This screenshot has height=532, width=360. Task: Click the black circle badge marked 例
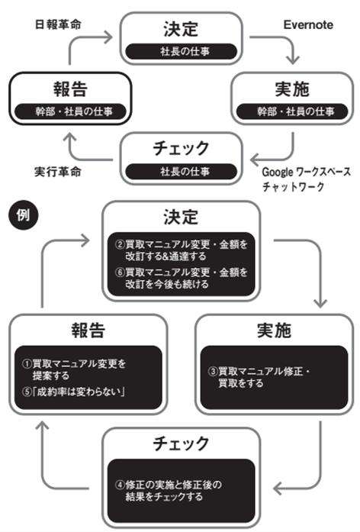coord(21,215)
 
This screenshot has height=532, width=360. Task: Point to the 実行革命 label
coord(58,169)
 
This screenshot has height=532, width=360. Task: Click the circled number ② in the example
coord(119,244)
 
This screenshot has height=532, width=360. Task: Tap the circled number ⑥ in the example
coord(119,272)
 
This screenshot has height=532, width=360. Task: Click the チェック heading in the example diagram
coord(180,443)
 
